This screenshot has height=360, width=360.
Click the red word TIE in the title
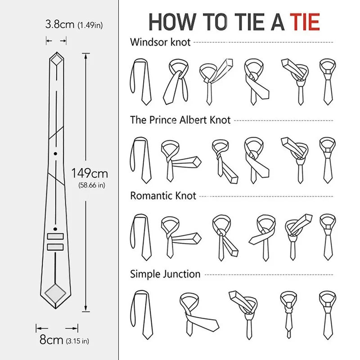click(304, 22)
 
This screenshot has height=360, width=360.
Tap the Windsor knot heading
click(160, 42)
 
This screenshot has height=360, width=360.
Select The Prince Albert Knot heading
click(180, 120)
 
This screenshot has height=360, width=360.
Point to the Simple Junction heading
click(165, 274)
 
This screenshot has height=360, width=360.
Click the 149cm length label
click(90, 173)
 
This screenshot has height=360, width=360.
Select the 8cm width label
click(51, 340)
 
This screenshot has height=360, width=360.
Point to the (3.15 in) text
click(77, 340)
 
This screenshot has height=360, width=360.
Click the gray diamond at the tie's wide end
click(56, 292)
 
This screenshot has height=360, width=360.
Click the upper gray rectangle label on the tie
click(56, 236)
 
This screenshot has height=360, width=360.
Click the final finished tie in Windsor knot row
click(328, 81)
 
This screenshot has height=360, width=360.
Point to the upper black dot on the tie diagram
click(56, 154)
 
